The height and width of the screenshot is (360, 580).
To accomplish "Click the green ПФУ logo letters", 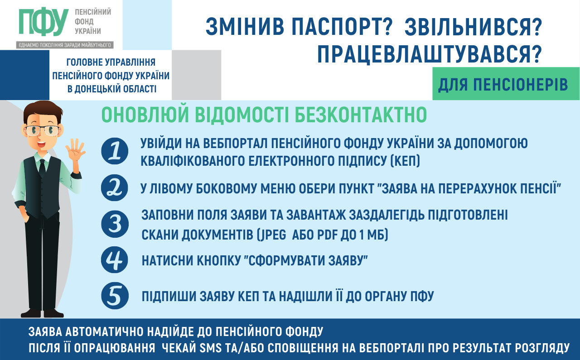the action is coord(43,22).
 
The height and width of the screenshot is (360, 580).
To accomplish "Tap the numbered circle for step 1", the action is coord(115,151).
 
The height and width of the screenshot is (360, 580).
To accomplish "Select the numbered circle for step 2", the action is coord(115,188).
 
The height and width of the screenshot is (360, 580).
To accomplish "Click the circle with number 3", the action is coord(115,224).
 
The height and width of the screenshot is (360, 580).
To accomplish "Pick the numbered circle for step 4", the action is coord(115,260).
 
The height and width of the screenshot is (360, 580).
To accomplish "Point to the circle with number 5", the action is coord(115,296).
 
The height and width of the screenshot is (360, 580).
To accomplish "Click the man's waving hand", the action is coord(75,150).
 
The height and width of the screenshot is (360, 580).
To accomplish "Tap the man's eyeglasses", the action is coord(42,130).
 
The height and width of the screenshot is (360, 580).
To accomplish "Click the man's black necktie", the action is coord(42,168).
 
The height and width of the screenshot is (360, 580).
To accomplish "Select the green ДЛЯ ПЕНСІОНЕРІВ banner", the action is coord(506,84).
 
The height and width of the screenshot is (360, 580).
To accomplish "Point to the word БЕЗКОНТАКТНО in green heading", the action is coord(360,115).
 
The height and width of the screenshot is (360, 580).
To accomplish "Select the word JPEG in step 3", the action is coord(271,235).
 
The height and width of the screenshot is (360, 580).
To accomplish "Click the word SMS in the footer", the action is coord(211,348).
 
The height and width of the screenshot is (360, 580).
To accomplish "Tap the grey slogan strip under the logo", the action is coord(65,45).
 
